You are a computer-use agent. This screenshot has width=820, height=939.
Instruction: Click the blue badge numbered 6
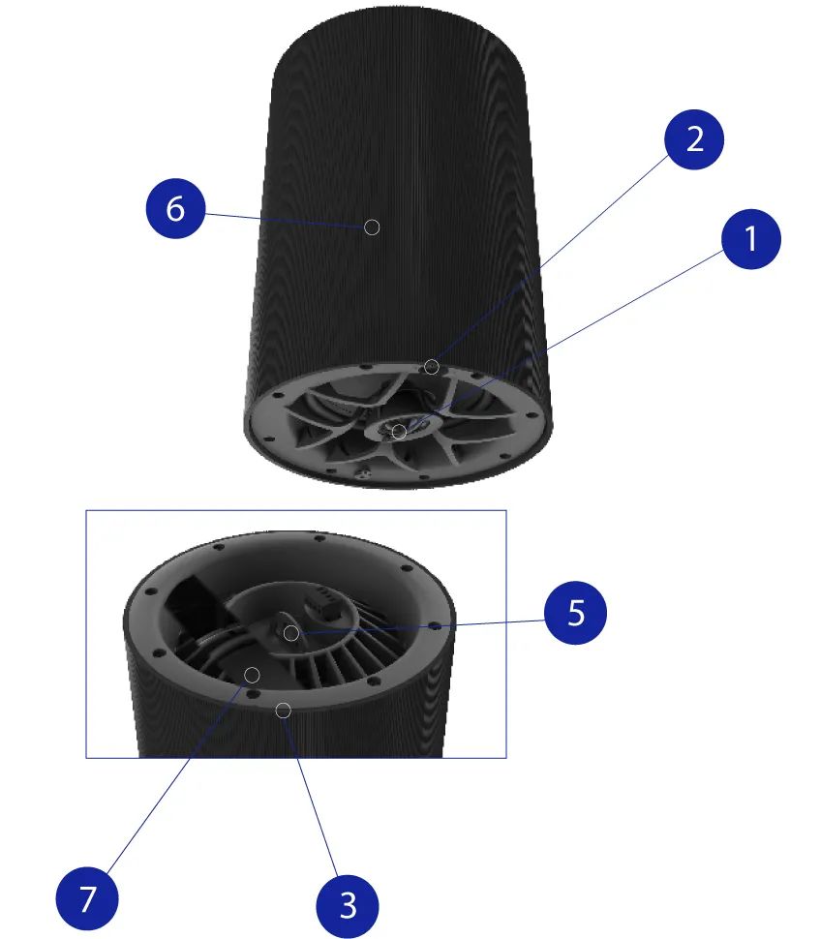[x=175, y=208]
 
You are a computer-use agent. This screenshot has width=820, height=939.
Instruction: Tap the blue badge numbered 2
[x=694, y=139]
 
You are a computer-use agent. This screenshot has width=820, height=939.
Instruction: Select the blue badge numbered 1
[x=751, y=239]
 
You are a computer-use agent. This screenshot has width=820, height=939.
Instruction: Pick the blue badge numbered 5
[x=576, y=613]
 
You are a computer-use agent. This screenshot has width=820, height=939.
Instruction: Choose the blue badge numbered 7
[x=87, y=898]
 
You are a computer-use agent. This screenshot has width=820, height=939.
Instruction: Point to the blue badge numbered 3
[x=348, y=905]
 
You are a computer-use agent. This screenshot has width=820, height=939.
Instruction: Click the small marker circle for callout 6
[x=372, y=227]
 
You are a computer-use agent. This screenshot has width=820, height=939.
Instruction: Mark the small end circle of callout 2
[x=431, y=367]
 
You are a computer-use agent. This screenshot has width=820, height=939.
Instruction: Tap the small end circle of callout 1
[x=399, y=431]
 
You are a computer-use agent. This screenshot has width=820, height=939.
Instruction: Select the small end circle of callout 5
[x=291, y=633]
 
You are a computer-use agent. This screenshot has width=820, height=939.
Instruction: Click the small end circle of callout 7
[x=252, y=675]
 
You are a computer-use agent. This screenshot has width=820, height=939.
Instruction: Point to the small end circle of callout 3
[x=284, y=711]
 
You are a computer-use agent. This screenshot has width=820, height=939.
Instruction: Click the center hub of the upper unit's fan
[x=400, y=428]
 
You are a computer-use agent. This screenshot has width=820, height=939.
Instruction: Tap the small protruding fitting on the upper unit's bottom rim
[x=363, y=473]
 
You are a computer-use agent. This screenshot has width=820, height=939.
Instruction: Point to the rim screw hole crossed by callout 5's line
[x=436, y=626]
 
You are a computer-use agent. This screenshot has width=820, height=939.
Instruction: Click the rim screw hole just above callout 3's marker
[x=254, y=692]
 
